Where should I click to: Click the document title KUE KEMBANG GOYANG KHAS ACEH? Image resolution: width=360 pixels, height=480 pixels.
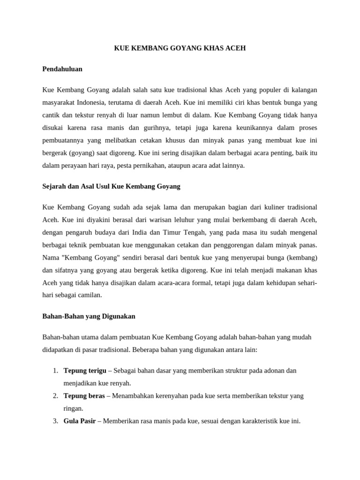(x=180, y=48)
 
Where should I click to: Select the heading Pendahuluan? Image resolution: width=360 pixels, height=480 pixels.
(x=62, y=69)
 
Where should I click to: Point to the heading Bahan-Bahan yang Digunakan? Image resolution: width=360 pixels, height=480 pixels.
(x=89, y=316)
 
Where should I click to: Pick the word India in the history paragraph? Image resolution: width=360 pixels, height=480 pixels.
(x=137, y=232)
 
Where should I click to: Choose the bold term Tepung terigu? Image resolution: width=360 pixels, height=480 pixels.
(x=85, y=370)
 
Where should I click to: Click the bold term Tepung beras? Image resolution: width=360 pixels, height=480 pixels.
(x=84, y=396)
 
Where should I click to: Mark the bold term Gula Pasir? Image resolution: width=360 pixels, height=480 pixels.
(x=79, y=421)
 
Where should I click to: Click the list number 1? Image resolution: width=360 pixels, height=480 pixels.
(x=55, y=370)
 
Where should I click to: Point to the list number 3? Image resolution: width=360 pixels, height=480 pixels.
(x=55, y=421)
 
